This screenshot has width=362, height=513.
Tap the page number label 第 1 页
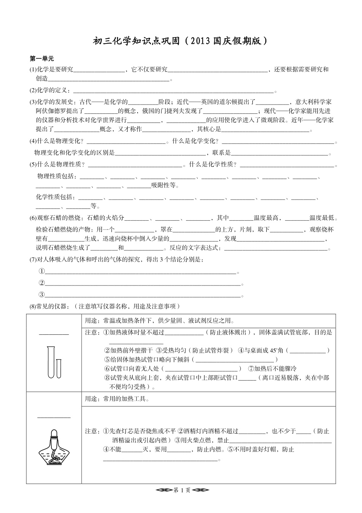181,490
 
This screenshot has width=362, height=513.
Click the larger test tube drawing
51,362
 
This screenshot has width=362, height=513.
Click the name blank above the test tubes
54,334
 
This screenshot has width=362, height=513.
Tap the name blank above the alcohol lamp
54,417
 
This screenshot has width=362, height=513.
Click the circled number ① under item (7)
42,271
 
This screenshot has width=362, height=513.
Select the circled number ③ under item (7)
42,294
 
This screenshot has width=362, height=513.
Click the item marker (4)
33,141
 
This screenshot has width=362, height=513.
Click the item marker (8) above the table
33,306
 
